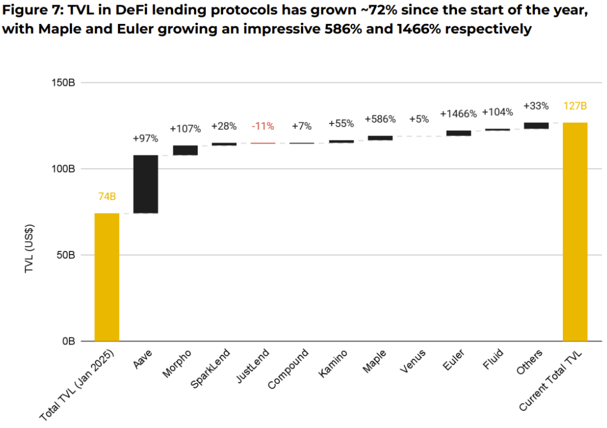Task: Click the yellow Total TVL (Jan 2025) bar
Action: [107, 277]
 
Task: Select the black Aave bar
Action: [146, 184]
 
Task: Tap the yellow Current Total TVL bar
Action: [575, 231]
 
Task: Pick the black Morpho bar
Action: [185, 150]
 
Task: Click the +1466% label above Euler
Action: [458, 114]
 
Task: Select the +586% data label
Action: [380, 119]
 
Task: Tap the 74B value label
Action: [107, 197]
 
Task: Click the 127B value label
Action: [575, 106]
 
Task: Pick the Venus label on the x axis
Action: [412, 362]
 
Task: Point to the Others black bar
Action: [536, 126]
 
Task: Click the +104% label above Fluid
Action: [497, 112]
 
